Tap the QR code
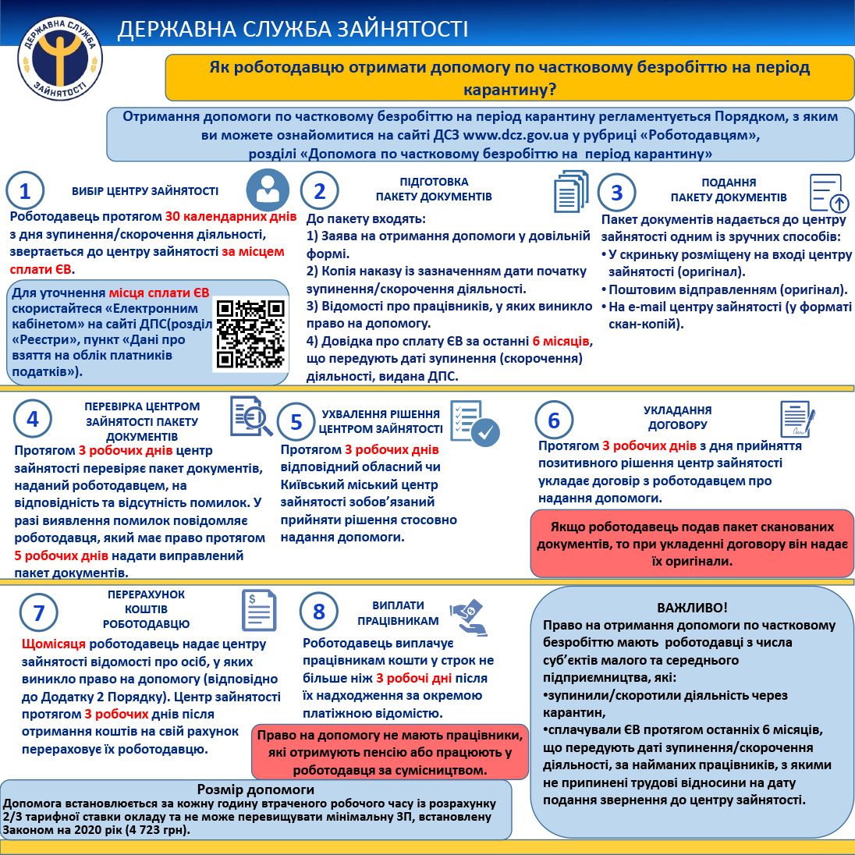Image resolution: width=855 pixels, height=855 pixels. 250,333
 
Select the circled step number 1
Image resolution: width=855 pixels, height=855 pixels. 25,191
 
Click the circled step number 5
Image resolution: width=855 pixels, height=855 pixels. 296,422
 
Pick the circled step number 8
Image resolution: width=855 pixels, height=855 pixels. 318,612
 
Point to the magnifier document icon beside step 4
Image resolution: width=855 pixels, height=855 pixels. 250,417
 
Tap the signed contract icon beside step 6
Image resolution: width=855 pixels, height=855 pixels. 796,420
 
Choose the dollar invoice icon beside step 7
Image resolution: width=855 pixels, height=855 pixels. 259,611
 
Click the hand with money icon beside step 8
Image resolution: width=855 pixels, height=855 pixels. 469,617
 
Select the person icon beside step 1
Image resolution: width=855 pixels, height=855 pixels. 268,190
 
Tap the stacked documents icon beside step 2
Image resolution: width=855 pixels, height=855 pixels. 570,192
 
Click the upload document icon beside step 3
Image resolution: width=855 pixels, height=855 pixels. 829,193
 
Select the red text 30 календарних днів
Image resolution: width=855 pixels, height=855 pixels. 231,216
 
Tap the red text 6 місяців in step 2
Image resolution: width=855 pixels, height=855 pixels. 561,341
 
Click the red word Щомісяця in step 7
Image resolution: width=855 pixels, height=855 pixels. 54,644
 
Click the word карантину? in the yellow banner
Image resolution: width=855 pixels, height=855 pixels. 510,89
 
